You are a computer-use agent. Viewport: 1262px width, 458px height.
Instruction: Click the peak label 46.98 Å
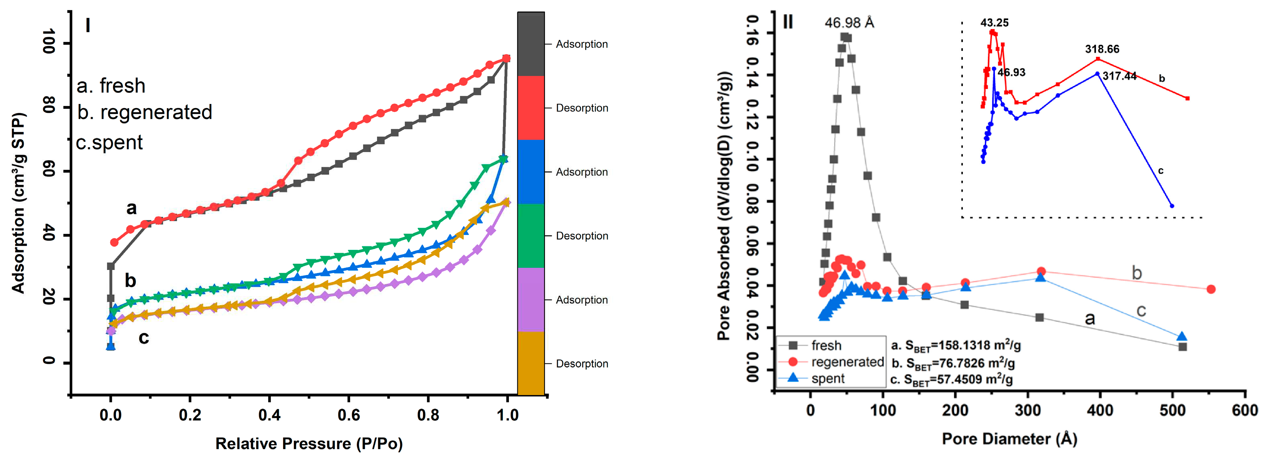click(x=849, y=22)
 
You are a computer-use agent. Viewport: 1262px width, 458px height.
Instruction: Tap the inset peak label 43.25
click(x=994, y=22)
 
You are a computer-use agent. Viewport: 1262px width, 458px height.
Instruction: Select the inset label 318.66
click(x=1102, y=49)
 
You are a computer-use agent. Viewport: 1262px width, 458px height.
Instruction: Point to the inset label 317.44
click(x=1119, y=76)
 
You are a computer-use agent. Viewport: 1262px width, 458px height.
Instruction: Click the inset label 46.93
click(x=1011, y=72)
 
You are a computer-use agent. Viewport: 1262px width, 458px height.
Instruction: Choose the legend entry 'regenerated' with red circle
click(x=847, y=362)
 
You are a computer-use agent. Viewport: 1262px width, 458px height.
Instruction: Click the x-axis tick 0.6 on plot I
click(x=348, y=415)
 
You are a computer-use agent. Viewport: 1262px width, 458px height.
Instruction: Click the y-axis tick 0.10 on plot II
click(x=752, y=159)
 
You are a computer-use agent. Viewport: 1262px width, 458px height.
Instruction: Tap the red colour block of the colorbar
click(x=531, y=108)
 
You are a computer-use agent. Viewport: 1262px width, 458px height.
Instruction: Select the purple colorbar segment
click(x=531, y=299)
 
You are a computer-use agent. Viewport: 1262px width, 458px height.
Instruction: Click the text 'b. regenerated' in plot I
click(x=144, y=112)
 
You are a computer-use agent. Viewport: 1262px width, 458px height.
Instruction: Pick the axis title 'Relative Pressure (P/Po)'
click(x=309, y=443)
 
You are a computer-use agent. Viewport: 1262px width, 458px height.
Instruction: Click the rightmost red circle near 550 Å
click(x=1211, y=289)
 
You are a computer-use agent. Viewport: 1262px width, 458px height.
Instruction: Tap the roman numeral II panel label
click(x=788, y=22)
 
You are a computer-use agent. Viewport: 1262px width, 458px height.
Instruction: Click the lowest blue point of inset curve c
click(x=1172, y=206)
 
